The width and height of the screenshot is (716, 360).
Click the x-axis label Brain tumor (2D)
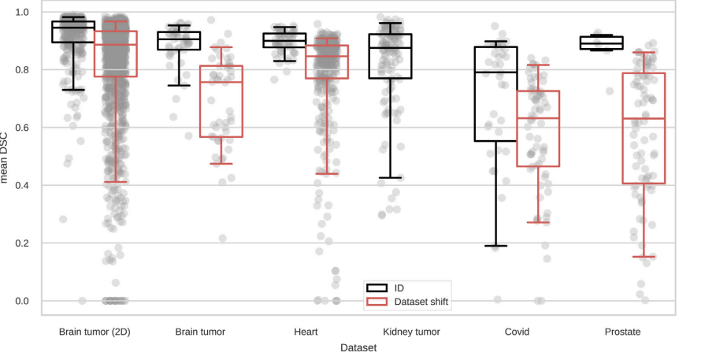[x=95, y=332]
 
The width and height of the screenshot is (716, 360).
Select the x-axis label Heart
[x=306, y=332]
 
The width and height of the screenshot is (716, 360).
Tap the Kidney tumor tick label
[x=411, y=332]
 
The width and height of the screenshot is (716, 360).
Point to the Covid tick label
[x=517, y=332]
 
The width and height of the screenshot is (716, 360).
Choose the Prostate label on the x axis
[x=622, y=332]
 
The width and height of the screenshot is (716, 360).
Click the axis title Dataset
[x=358, y=347]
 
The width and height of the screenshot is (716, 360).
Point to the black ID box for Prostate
[x=601, y=43]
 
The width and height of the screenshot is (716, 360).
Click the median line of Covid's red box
[x=538, y=118]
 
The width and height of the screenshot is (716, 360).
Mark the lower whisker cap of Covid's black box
[x=495, y=246]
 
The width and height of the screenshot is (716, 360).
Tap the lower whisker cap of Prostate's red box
[x=644, y=257]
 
